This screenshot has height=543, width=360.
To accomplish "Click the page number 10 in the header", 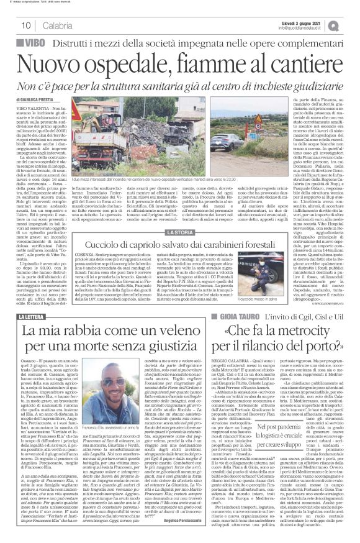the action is point(26,25).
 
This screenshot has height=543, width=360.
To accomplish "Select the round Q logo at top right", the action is point(351,25).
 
